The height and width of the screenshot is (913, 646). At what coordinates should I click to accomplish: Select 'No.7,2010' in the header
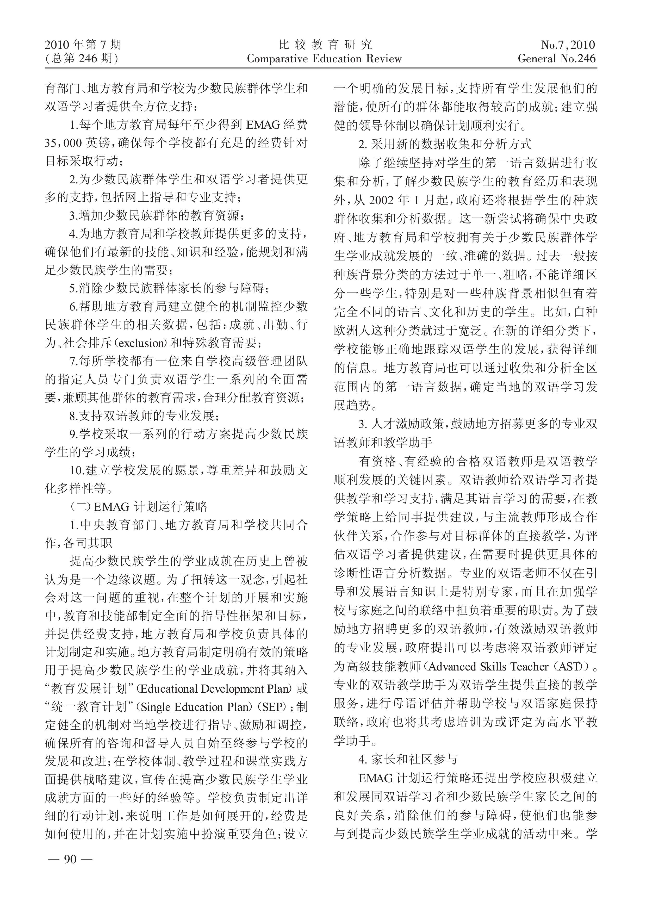568,45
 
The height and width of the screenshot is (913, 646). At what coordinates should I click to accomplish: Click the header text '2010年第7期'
83,45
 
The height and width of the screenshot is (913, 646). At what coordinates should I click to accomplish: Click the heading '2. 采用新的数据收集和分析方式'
444,144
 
